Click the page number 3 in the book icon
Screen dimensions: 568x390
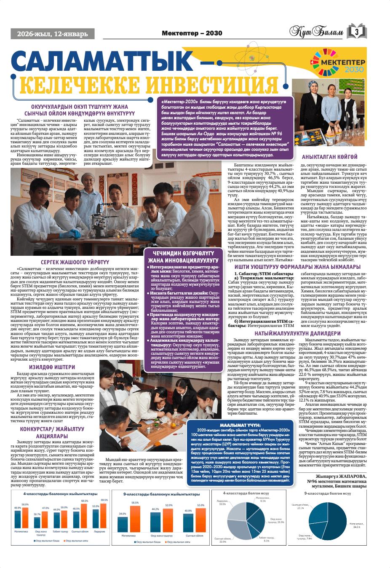pos(356,32)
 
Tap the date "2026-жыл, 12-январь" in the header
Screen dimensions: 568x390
pos(52,34)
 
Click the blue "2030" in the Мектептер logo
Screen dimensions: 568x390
pos(354,70)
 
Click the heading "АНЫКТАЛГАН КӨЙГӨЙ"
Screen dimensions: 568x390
pos(329,157)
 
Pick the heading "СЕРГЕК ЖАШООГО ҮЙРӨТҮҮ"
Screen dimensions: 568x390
pos(75,262)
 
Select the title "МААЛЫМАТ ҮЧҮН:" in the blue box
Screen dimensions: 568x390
pos(240,425)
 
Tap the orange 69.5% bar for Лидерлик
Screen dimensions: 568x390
pos(104,515)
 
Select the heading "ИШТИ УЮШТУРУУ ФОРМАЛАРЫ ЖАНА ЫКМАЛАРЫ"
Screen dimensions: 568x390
pos(297,267)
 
